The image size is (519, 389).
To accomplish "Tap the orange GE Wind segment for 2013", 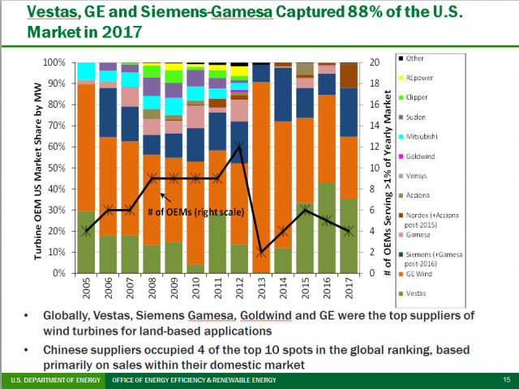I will tap(261, 162).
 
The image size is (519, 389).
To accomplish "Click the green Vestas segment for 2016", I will tap(326, 228).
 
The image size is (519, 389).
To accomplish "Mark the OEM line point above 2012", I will tap(239, 147).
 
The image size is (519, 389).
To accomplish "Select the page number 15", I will tap(506, 379).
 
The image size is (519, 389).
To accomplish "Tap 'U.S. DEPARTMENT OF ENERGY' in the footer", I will tap(49, 379).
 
